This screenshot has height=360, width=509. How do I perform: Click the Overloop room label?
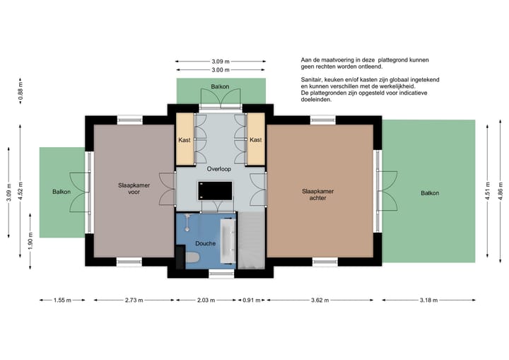pyautogui.click(x=220, y=170)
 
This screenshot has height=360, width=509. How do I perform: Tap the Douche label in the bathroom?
pyautogui.click(x=206, y=244)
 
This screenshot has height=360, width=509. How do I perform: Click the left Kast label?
pyautogui.click(x=185, y=140)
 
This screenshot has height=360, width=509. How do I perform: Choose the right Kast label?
pyautogui.click(x=255, y=140)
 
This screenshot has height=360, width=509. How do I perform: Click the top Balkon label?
pyautogui.click(x=219, y=87)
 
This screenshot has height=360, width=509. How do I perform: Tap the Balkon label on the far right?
pyautogui.click(x=429, y=193)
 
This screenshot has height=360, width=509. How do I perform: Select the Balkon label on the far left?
pyautogui.click(x=62, y=192)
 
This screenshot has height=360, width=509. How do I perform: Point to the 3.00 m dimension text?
pyautogui.click(x=220, y=70)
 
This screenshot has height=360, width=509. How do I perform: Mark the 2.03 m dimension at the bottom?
pyautogui.click(x=205, y=301)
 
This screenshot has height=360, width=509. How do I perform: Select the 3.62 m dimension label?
pyautogui.click(x=320, y=301)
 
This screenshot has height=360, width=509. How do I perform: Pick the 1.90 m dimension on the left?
pyautogui.click(x=30, y=242)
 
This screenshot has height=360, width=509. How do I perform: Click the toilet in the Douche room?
pyautogui.click(x=189, y=261)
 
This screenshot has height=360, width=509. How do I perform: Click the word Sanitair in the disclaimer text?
pyautogui.click(x=312, y=80)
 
